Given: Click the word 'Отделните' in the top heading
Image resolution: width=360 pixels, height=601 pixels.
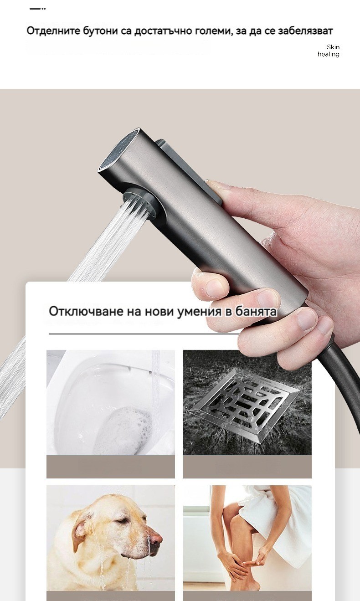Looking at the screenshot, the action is tap(53, 31).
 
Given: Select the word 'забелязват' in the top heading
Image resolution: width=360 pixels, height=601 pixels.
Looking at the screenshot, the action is tap(305, 31).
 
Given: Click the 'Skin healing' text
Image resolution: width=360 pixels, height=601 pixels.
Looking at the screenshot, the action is tap(329, 51).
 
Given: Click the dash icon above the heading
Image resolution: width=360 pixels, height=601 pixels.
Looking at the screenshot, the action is tap(37, 9).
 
